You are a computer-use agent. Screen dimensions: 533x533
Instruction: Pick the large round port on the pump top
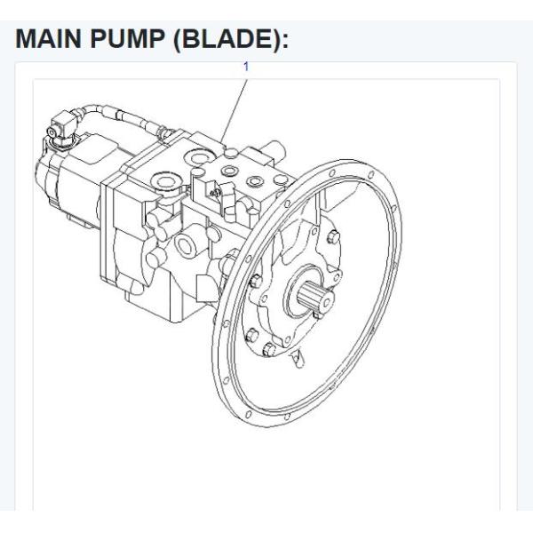coord(163,186)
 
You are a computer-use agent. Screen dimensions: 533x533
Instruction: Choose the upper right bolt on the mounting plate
coord(332,237)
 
